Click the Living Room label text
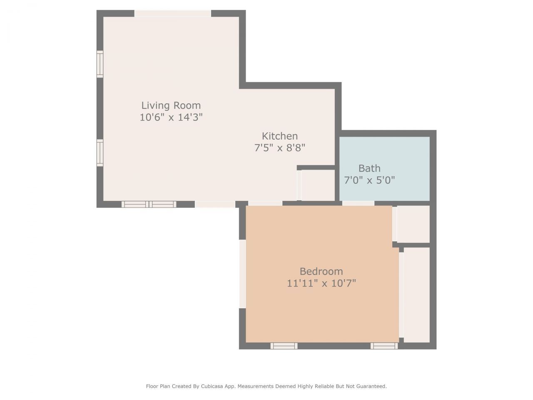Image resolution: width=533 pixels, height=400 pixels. (x=171, y=105)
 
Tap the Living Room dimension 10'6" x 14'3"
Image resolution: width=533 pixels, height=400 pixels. (x=171, y=117)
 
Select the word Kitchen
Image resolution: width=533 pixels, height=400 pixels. (x=279, y=136)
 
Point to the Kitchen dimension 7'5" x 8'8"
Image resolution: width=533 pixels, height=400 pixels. (x=279, y=147)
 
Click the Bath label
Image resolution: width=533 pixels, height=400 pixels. (x=369, y=168)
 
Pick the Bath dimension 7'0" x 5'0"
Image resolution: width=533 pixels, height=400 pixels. (x=369, y=180)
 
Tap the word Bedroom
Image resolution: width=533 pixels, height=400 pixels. (x=321, y=271)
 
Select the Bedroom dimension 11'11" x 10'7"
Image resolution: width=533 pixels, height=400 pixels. (x=321, y=283)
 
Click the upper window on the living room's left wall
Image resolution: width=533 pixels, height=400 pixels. (x=100, y=64)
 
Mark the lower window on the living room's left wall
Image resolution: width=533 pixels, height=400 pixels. (x=100, y=153)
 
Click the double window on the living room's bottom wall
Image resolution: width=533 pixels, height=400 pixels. (x=149, y=204)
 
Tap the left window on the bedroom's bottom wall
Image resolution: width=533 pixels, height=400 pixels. (x=284, y=346)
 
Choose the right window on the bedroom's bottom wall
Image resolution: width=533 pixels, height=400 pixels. (x=384, y=346)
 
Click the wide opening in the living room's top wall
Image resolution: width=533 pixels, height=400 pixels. (x=172, y=13)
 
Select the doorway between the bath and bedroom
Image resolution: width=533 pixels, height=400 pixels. (x=358, y=203)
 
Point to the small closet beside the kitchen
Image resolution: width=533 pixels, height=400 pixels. (x=318, y=185)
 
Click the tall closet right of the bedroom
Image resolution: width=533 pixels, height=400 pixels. (x=416, y=295)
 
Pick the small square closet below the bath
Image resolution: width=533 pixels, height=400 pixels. (x=413, y=224)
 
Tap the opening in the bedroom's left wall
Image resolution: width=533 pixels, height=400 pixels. (x=242, y=274)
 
